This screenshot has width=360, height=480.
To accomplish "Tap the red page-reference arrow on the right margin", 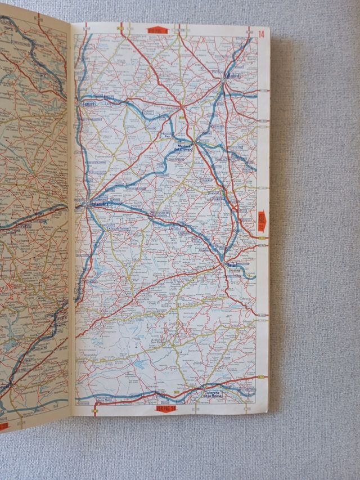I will pos(261,220).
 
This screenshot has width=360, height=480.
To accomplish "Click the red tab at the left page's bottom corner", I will pos(4,426).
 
